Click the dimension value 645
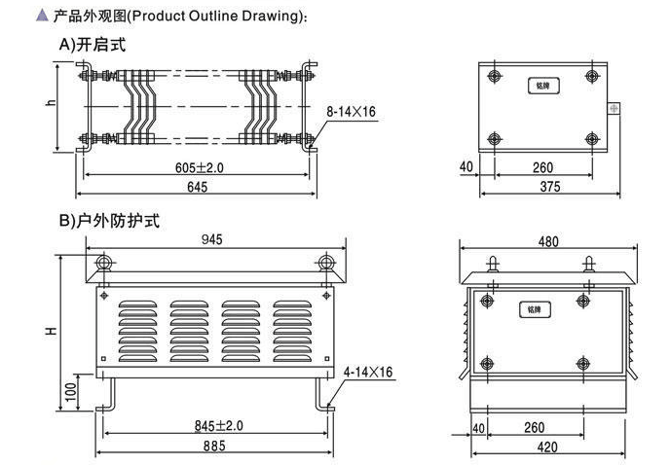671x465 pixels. (x=197, y=187)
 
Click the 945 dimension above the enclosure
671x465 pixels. (x=215, y=239)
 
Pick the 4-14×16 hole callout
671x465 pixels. (x=368, y=373)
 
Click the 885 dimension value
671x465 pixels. (x=214, y=447)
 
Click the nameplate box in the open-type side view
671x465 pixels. (x=542, y=86)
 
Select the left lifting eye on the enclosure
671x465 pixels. (x=104, y=265)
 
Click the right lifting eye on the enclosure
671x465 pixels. (x=326, y=265)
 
